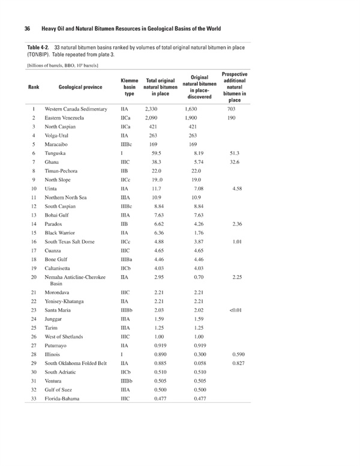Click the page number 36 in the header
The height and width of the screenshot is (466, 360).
[27, 29]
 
